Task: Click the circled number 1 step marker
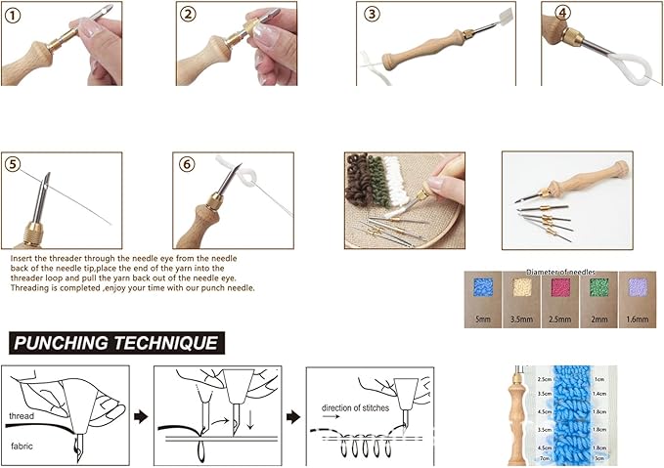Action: coord(15,15)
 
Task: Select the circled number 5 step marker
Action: coord(14,164)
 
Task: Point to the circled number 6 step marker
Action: coord(188,165)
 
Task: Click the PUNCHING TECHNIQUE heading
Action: coord(114,343)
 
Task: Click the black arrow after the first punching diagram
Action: coord(140,414)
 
